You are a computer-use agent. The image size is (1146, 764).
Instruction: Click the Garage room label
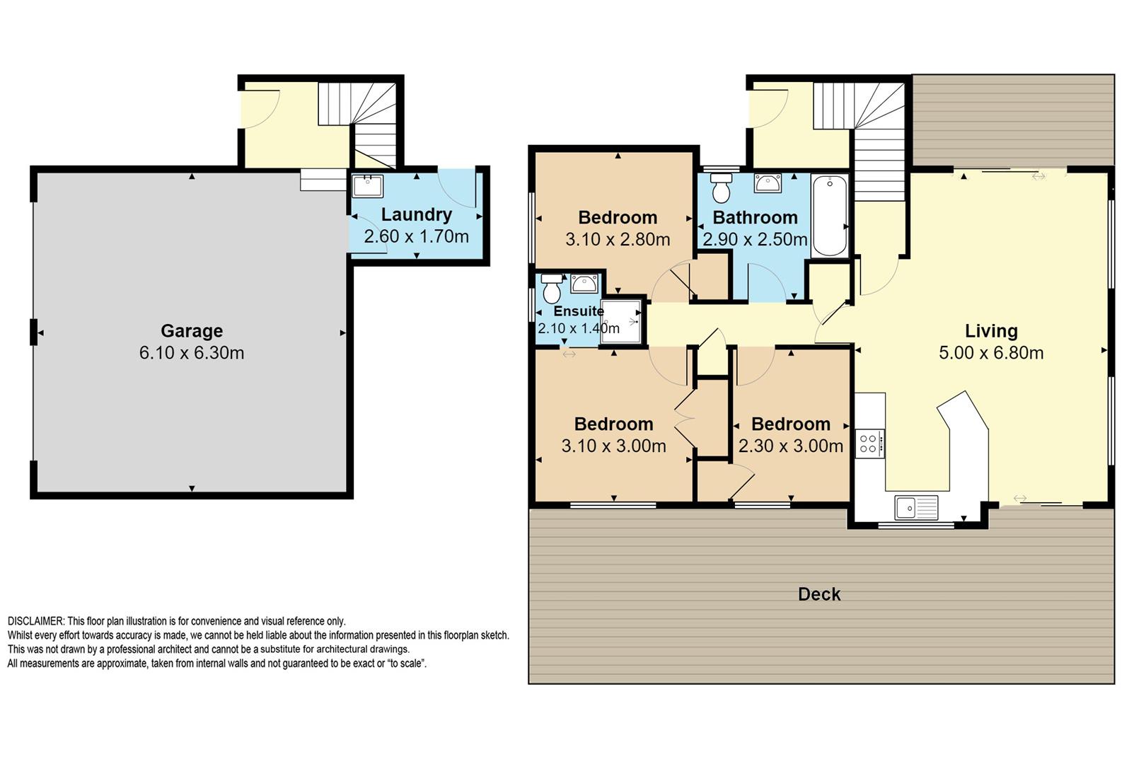click(x=192, y=331)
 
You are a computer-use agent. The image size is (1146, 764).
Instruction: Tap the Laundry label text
click(x=417, y=215)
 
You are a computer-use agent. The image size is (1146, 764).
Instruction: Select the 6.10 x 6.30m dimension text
click(x=192, y=353)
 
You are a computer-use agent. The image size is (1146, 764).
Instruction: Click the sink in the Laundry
click(x=367, y=186)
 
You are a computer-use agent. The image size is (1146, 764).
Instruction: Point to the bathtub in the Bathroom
click(x=829, y=216)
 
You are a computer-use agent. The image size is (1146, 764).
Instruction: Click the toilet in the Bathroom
click(x=722, y=187)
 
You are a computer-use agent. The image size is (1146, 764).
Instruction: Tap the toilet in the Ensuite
click(x=552, y=289)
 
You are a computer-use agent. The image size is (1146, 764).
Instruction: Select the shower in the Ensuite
click(x=621, y=322)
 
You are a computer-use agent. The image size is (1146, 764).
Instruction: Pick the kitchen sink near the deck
click(x=916, y=508)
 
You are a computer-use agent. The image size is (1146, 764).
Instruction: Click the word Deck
click(x=819, y=594)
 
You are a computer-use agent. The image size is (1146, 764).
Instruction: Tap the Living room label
click(x=991, y=331)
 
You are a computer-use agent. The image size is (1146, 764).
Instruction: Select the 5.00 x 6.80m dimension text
click(x=991, y=353)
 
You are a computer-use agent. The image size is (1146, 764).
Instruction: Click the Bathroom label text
click(x=755, y=217)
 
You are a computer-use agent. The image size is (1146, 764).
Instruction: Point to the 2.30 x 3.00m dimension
click(x=790, y=446)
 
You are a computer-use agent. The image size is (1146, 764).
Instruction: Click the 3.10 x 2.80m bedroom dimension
click(x=618, y=240)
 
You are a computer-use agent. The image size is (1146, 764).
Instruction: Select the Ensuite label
click(x=579, y=311)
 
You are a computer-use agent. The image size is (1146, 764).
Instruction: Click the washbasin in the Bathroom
click(x=767, y=183)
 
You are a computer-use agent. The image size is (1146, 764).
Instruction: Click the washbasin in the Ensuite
click(x=584, y=284)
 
